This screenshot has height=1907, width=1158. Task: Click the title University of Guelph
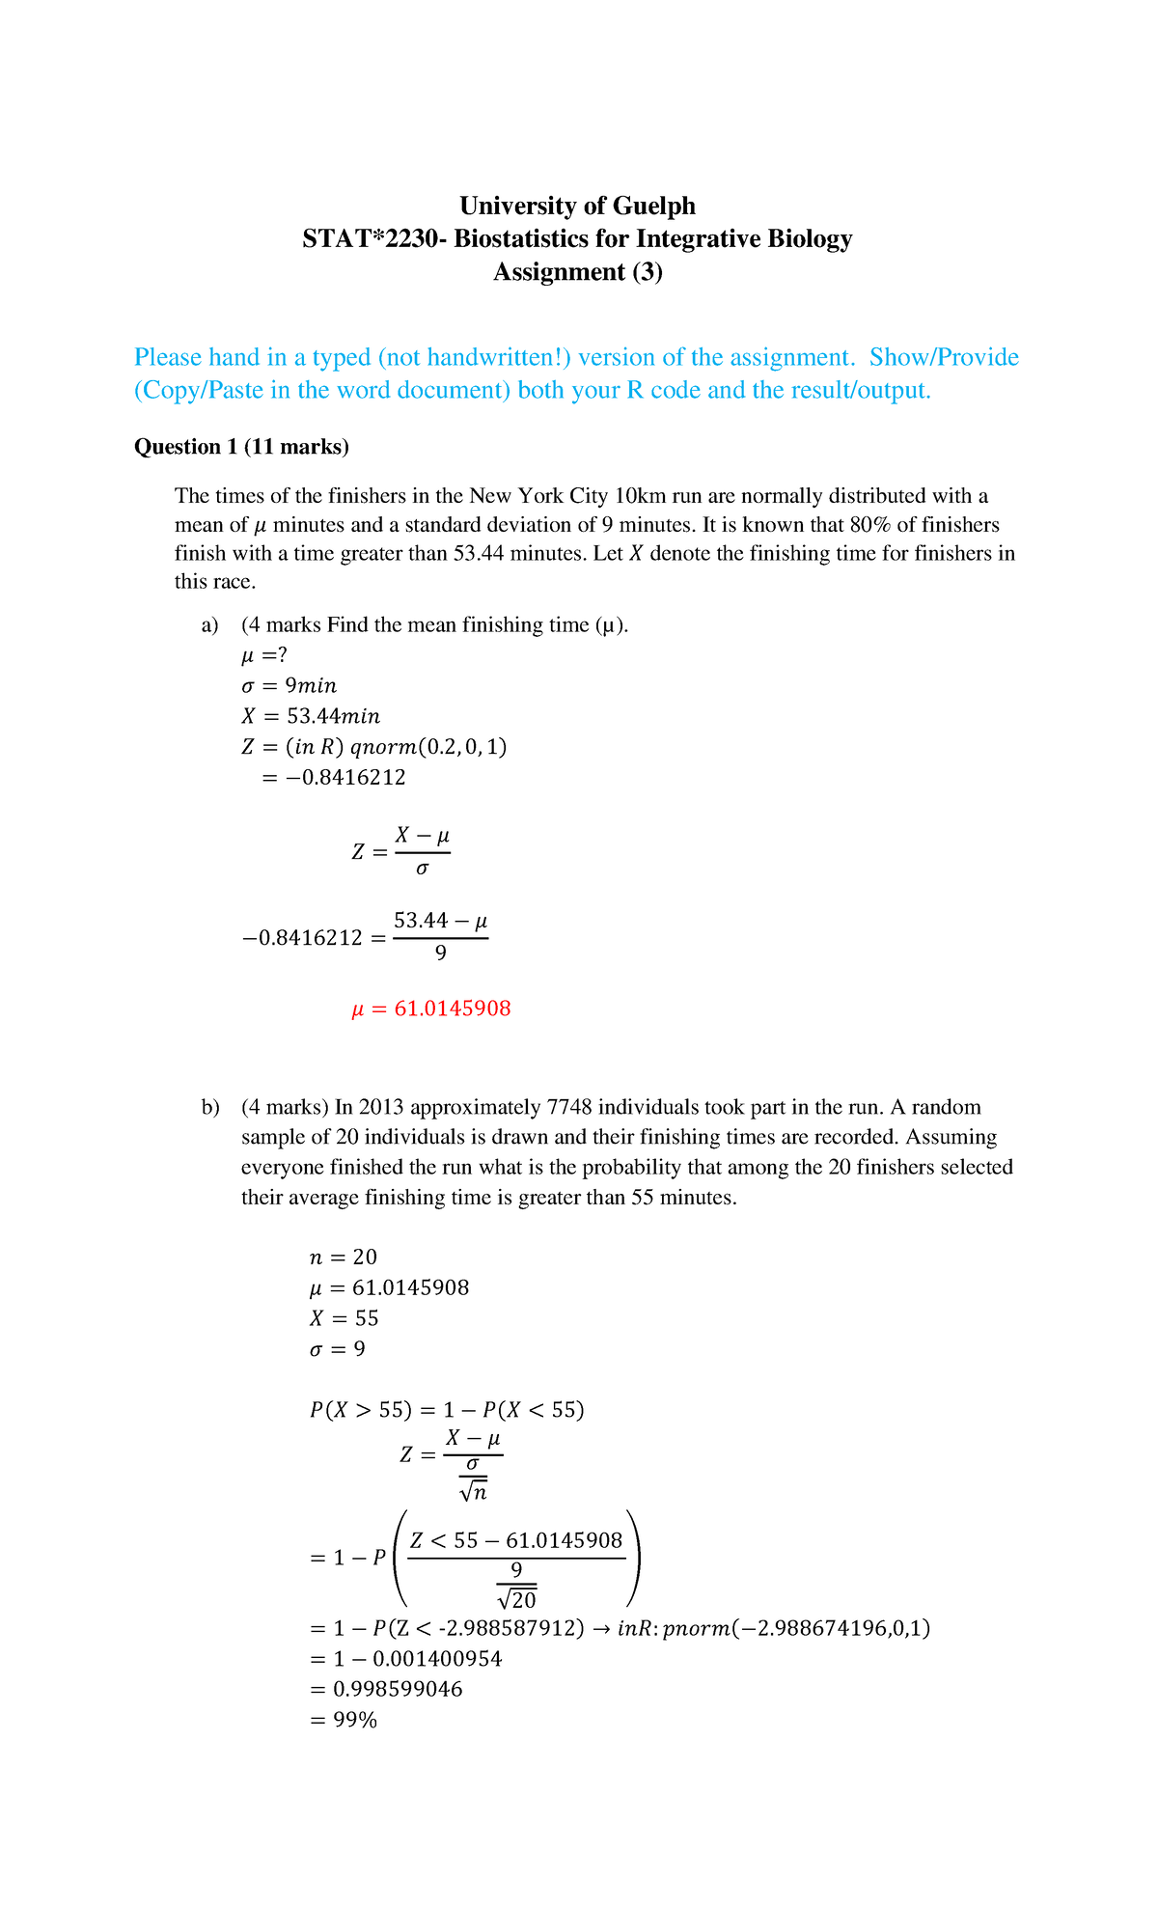tap(577, 206)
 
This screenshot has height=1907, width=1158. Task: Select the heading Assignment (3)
tap(577, 272)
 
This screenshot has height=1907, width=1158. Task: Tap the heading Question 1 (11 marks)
tap(241, 446)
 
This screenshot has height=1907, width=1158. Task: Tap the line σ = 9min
tap(289, 685)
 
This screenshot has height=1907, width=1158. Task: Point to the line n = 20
tap(343, 1257)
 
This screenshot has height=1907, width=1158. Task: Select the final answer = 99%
tap(344, 1720)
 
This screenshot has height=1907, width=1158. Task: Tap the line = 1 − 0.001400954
tap(405, 1659)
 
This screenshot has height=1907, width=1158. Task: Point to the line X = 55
tap(344, 1318)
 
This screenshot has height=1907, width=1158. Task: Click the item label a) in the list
tap(210, 625)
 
